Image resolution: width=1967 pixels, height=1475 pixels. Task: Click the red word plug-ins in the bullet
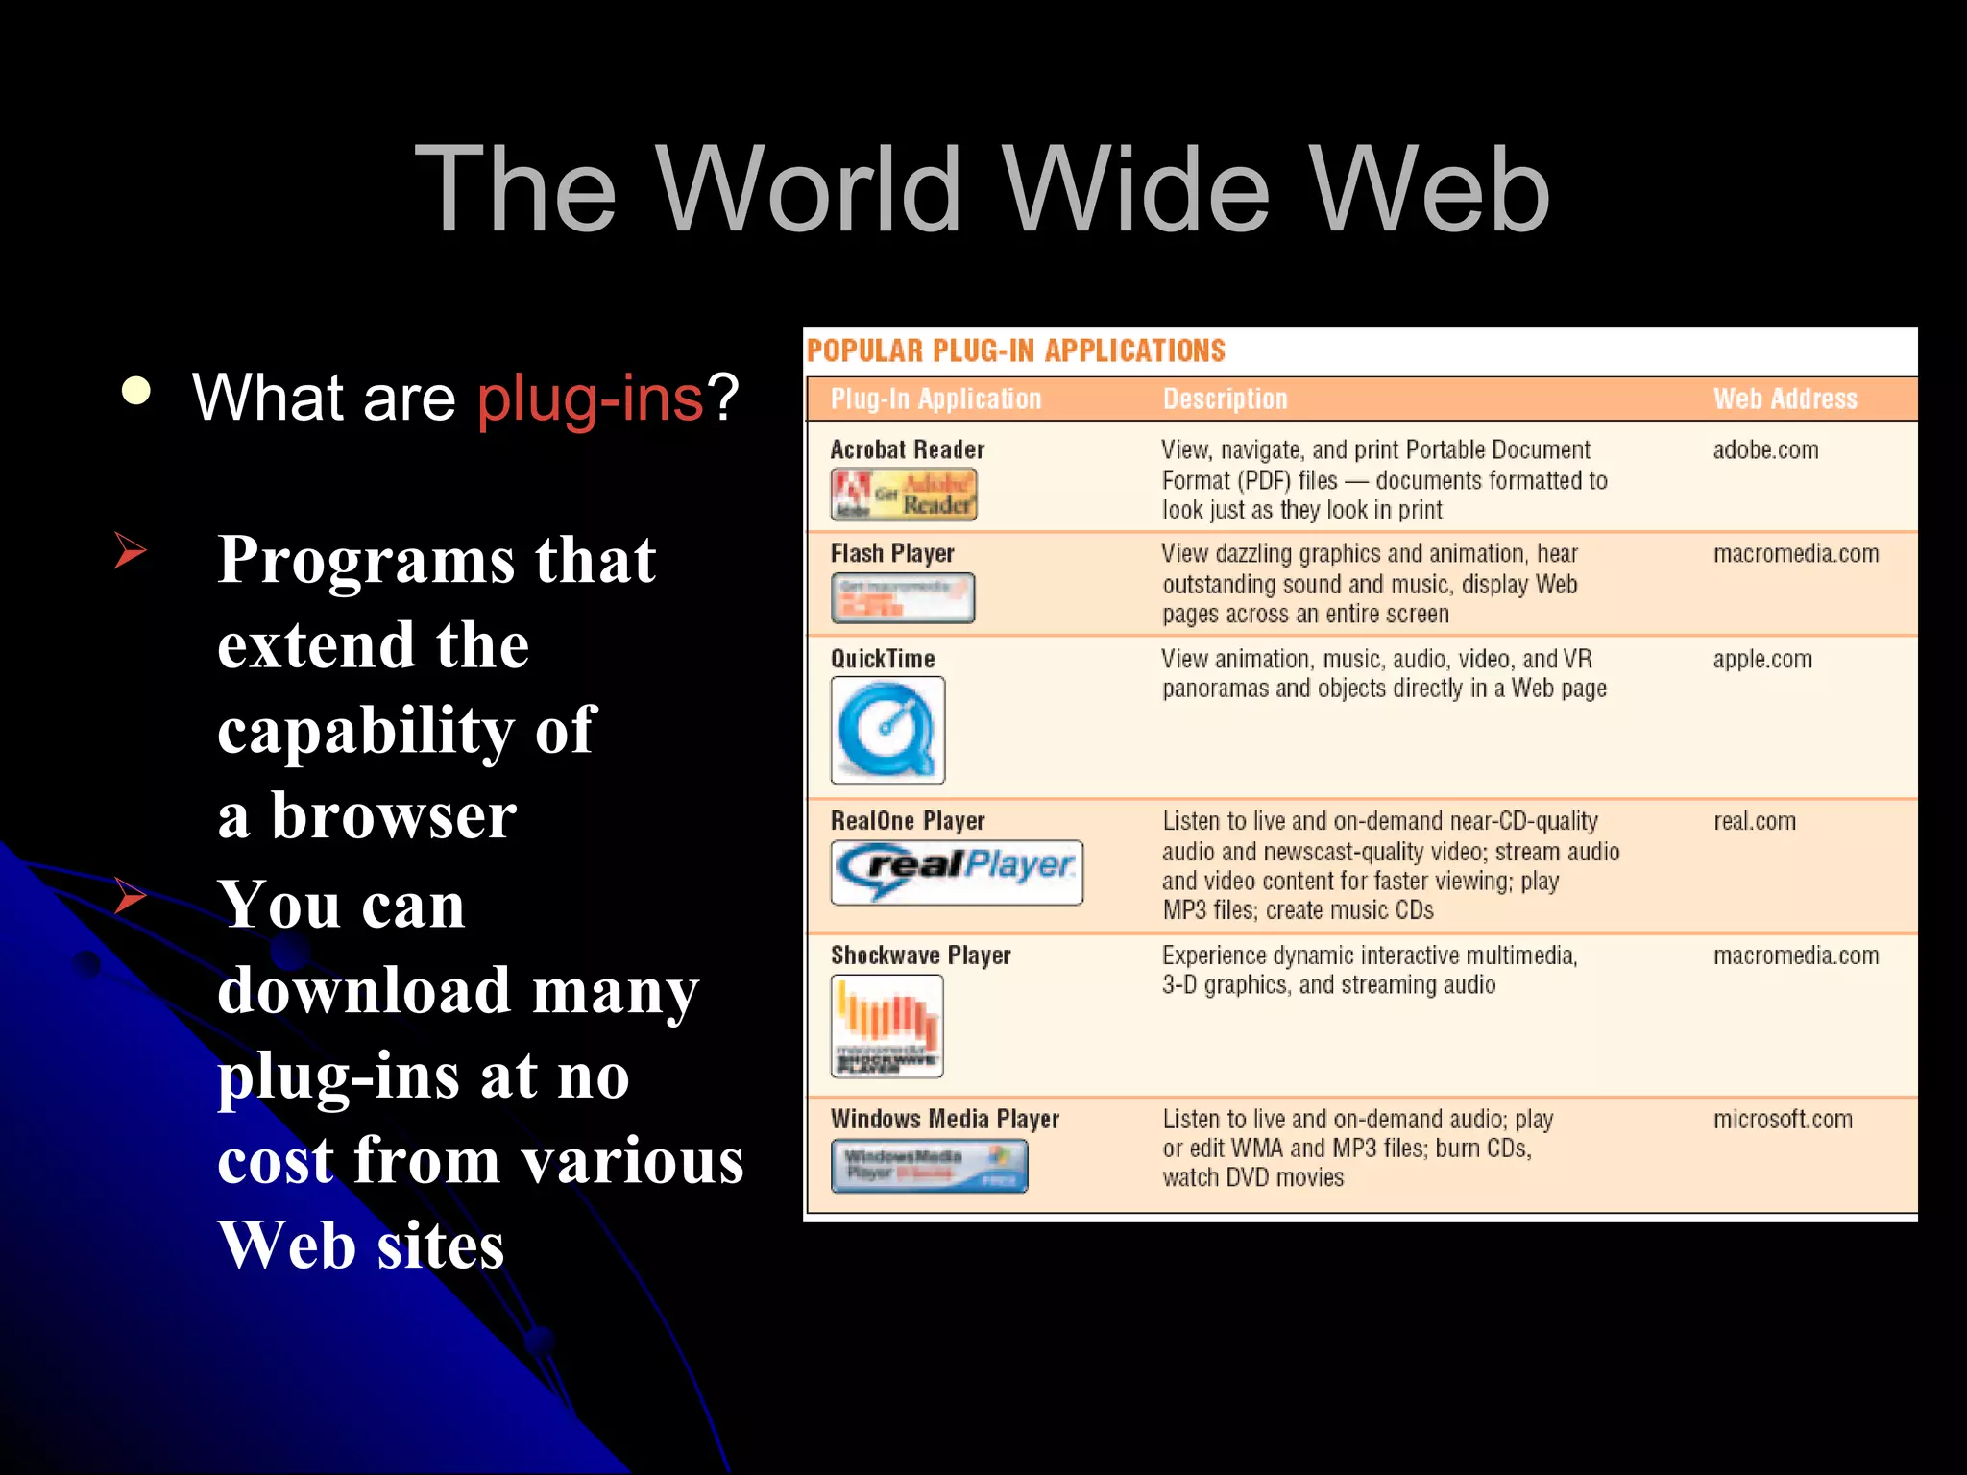pos(591,398)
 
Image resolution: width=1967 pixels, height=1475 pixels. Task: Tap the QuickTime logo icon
pos(887,730)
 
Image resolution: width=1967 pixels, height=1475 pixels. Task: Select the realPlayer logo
pos(957,872)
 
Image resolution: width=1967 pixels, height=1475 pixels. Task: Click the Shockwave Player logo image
pos(886,1026)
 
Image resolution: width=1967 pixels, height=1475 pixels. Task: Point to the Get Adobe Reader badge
pos(904,495)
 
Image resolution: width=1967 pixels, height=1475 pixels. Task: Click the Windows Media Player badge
pos(929,1166)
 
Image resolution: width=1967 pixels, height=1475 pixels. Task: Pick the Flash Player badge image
pos(903,597)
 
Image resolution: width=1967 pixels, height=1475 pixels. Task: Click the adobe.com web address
pos(1765,449)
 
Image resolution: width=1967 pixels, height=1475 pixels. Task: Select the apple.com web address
pos(1762,659)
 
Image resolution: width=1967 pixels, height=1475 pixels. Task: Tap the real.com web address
pos(1755,821)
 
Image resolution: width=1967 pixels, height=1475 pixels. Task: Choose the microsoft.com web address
pos(1783,1119)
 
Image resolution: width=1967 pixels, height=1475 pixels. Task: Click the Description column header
pos(1225,399)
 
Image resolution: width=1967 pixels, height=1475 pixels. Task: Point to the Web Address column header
pos(1785,399)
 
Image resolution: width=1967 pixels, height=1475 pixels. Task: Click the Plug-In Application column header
pos(935,399)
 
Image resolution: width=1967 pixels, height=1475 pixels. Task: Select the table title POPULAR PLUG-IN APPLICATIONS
pos(1016,351)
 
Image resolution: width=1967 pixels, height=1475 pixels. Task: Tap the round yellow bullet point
pos(136,392)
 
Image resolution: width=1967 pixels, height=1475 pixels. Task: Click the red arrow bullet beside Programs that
pos(130,550)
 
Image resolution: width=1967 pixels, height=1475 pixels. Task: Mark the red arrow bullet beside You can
pos(130,895)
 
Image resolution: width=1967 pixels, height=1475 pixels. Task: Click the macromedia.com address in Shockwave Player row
pos(1796,955)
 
